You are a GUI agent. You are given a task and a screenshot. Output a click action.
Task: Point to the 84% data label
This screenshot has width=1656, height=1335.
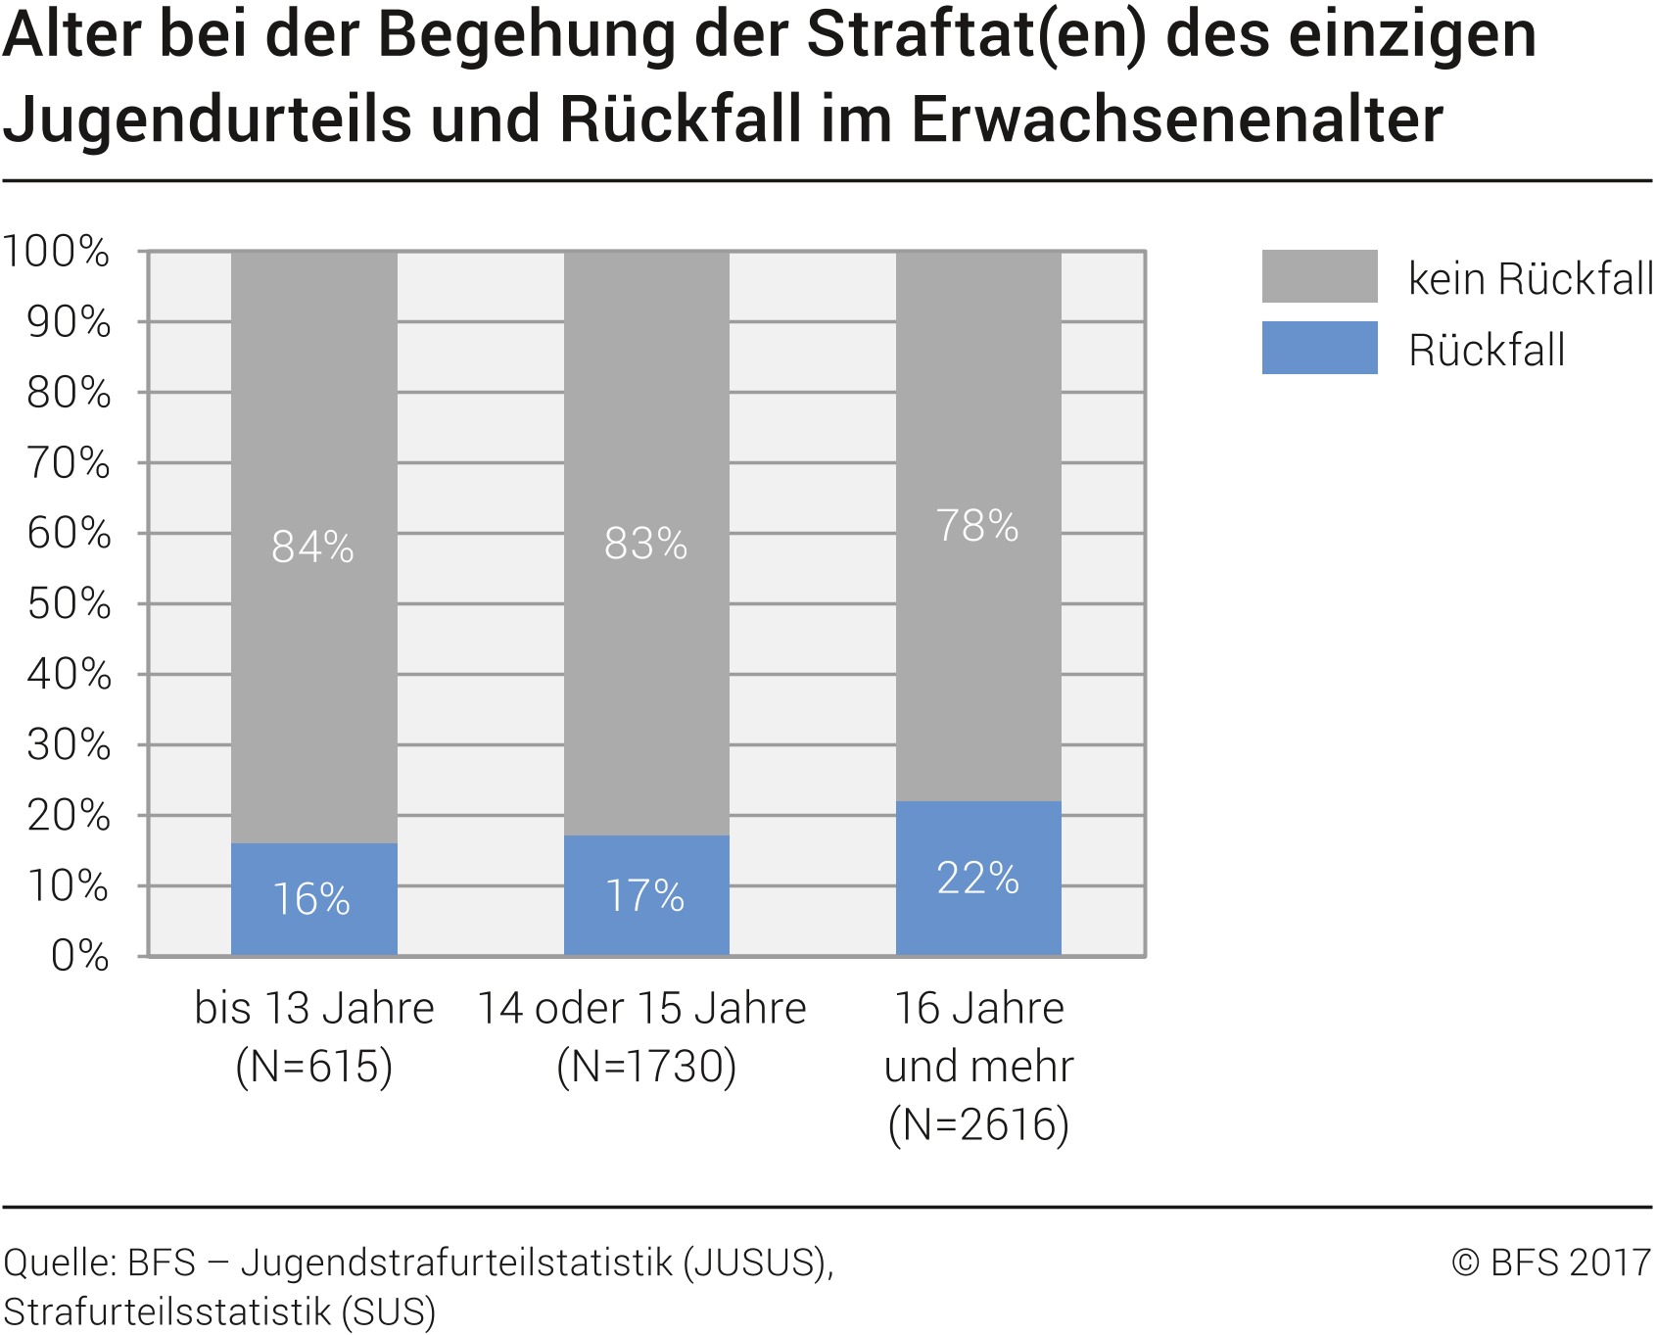click(x=312, y=547)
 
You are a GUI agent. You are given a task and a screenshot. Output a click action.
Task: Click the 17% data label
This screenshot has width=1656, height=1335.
click(x=644, y=895)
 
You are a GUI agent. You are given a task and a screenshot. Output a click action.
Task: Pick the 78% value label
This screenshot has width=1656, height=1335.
click(x=977, y=526)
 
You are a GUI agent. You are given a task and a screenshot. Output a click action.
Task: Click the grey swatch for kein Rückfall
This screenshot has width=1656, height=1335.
click(x=1319, y=276)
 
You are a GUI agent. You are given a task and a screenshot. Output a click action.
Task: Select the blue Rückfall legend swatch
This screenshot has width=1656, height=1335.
click(x=1319, y=348)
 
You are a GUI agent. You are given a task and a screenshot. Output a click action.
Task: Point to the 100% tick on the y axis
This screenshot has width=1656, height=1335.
click(x=56, y=252)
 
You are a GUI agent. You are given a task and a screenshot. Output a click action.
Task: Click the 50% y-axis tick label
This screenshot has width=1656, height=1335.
click(x=69, y=604)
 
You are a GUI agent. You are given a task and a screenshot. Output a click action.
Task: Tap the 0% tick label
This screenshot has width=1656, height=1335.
click(x=79, y=955)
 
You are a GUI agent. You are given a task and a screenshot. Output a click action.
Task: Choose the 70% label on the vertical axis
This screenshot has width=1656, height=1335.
click(x=69, y=463)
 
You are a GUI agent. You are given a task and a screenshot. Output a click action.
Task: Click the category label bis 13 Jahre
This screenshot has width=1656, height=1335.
click(x=314, y=1009)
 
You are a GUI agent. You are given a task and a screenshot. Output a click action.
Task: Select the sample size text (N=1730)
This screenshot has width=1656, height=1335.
click(x=646, y=1067)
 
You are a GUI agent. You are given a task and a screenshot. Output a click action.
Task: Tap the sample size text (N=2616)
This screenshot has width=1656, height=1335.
click(x=978, y=1124)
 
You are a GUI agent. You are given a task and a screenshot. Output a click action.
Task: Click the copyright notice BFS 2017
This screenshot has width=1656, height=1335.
click(x=1551, y=1263)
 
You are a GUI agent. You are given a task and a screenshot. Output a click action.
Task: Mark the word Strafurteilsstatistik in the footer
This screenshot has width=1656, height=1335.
click(x=167, y=1311)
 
